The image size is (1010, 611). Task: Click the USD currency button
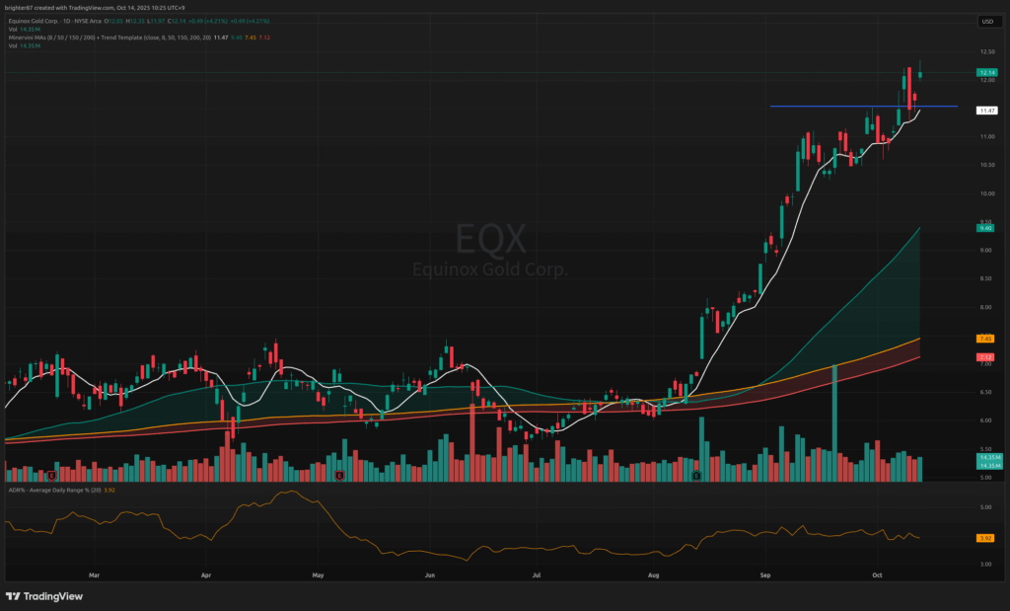click(x=985, y=21)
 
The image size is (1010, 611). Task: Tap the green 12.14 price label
click(x=985, y=72)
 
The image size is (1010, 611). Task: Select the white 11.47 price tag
click(x=985, y=111)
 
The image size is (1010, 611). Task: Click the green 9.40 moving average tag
click(x=985, y=228)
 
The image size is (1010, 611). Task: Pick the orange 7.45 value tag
click(x=985, y=339)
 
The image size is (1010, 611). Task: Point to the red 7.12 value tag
click(x=985, y=356)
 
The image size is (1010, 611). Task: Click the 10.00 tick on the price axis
click(x=985, y=193)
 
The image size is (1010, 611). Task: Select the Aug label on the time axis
click(x=652, y=573)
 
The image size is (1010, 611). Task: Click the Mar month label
click(x=95, y=573)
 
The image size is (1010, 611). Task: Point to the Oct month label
click(x=877, y=573)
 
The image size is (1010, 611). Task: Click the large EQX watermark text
click(x=490, y=240)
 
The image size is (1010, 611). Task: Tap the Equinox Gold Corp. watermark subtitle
click(x=490, y=268)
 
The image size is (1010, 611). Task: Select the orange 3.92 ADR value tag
click(x=985, y=538)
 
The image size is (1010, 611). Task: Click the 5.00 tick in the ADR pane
click(x=985, y=507)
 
